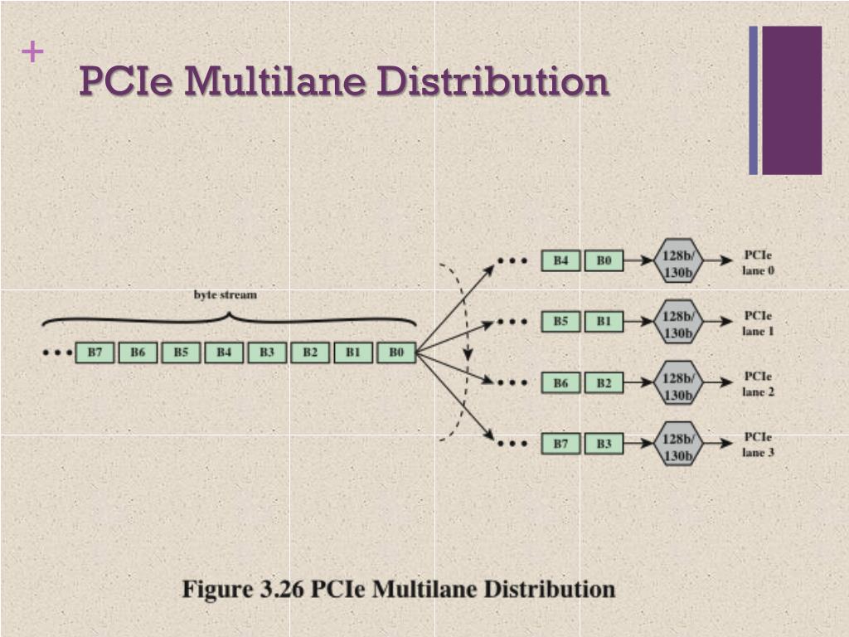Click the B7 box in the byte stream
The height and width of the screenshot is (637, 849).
coord(95,353)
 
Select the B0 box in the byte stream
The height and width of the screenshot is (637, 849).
coord(396,353)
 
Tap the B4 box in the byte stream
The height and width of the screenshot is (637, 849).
coord(224,353)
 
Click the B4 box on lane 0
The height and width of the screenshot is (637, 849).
coord(561,260)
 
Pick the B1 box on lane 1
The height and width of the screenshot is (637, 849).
coord(604,321)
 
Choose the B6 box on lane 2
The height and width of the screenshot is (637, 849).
coord(561,382)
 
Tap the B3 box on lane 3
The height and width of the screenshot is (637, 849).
coord(604,444)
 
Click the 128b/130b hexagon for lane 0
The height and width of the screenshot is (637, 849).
coord(678,260)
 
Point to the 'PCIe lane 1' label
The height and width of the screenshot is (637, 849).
coord(758,323)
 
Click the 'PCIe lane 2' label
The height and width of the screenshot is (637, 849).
coord(758,384)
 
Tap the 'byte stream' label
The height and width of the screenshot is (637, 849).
coord(226,294)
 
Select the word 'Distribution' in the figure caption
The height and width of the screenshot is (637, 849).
coord(549,590)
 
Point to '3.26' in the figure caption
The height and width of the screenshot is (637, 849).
coord(282,590)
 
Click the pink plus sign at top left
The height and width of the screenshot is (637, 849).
coord(32,52)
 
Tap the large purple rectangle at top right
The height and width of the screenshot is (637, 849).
coord(792,100)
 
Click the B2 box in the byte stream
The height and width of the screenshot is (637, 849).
coord(310,353)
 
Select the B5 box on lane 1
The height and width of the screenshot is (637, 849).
coord(561,321)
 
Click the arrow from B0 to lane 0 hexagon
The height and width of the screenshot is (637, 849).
coord(638,260)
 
